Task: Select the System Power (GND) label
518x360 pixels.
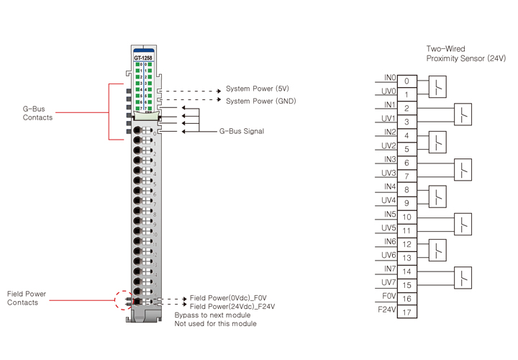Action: (x=260, y=101)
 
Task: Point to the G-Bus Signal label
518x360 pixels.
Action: (x=241, y=132)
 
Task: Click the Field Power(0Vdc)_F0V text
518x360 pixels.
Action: (x=230, y=297)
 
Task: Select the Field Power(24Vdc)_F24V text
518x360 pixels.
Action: (x=232, y=307)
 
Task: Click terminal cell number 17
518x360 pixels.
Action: (x=406, y=312)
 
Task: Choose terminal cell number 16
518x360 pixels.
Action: (x=406, y=299)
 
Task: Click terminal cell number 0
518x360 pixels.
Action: (x=406, y=81)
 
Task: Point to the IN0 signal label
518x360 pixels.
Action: (x=389, y=77)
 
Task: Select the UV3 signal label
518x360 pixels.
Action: (x=388, y=173)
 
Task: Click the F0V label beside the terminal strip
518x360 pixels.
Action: (x=388, y=295)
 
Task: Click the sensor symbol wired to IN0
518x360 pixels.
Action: (x=437, y=88)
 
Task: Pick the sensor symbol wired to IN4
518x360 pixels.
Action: (x=437, y=197)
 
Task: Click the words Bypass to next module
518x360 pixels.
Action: (x=212, y=315)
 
